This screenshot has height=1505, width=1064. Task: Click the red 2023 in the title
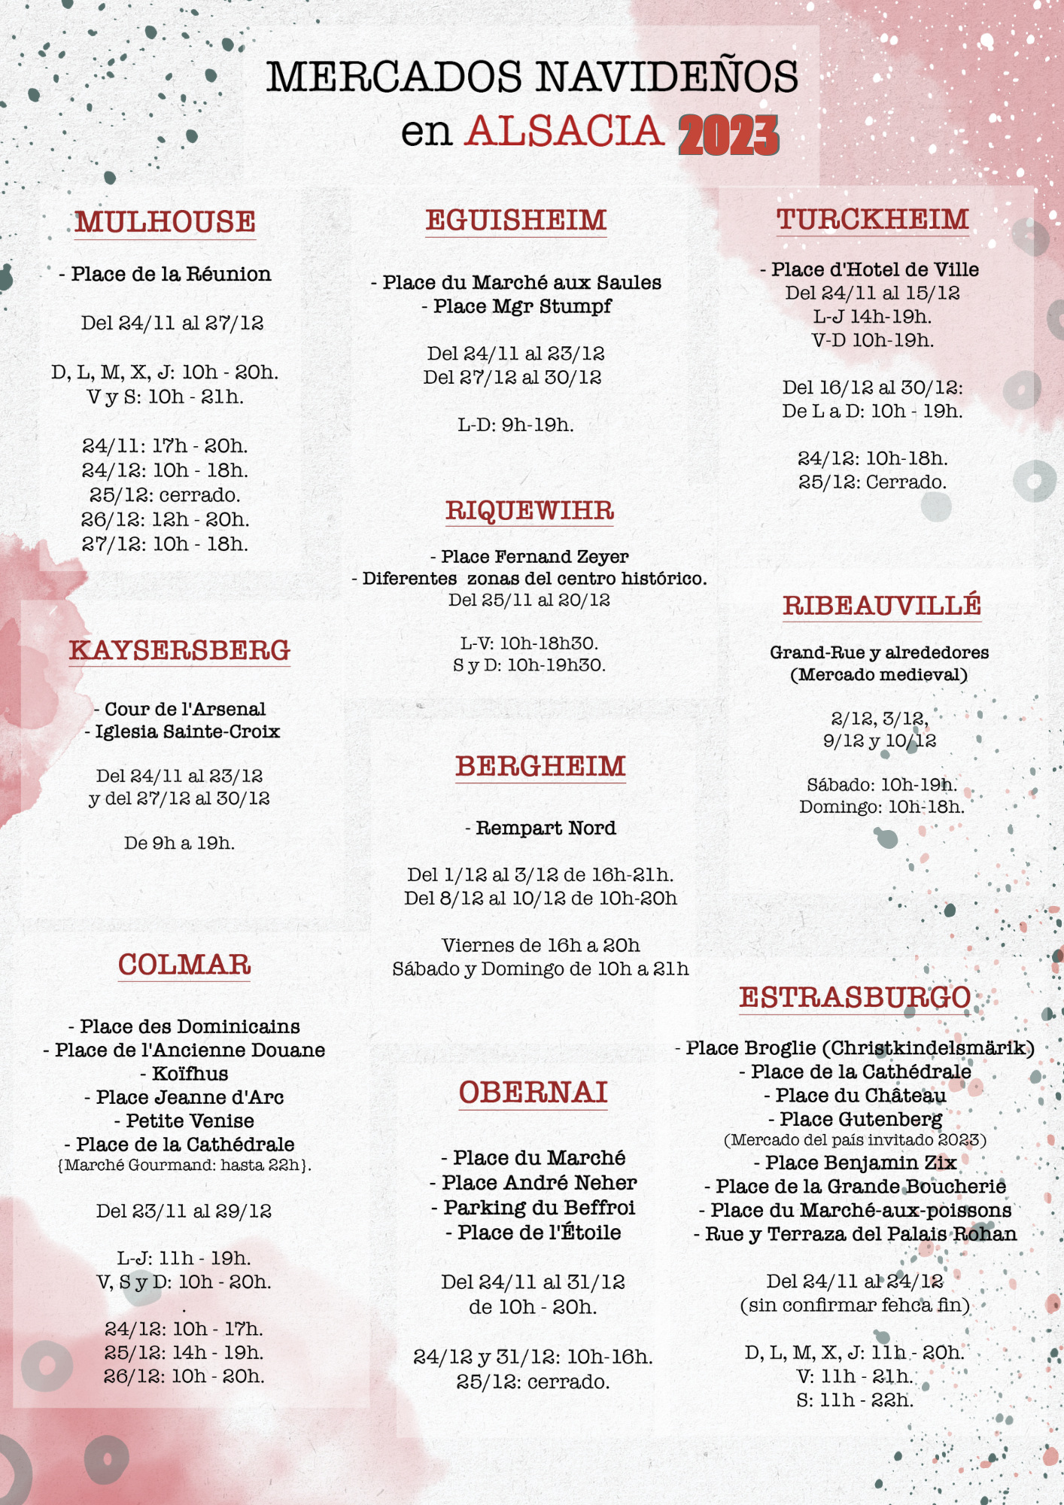[728, 136]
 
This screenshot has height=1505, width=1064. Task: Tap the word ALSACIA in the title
[564, 132]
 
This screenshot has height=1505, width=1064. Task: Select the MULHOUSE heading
[165, 222]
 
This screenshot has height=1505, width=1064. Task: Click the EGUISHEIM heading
[516, 220]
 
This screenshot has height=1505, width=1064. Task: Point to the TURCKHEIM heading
[873, 219]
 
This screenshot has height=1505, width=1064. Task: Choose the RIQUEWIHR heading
[530, 511]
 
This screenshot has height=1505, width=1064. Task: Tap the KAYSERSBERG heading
[180, 650]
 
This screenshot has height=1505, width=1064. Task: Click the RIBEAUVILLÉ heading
[882, 606]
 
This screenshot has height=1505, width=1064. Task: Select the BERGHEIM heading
[540, 767]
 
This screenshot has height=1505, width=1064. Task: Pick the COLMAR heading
[184, 965]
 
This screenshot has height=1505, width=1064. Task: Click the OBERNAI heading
[534, 1093]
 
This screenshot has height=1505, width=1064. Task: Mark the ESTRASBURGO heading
[855, 998]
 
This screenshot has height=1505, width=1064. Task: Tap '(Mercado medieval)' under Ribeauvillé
[879, 675]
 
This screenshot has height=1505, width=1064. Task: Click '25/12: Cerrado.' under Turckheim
[873, 482]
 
